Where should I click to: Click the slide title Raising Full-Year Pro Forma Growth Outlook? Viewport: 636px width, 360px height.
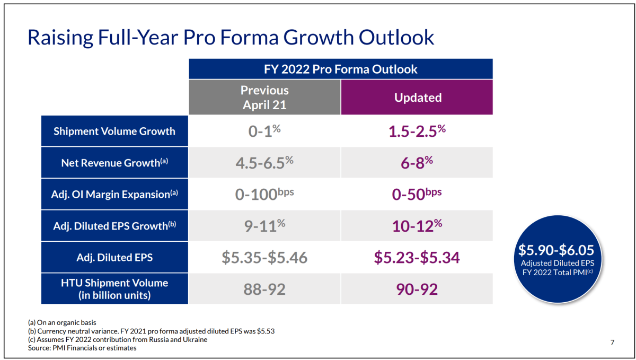(x=231, y=38)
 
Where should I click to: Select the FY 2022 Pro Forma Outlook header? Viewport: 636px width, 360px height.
(x=340, y=69)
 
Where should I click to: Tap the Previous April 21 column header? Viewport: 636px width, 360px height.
(x=264, y=98)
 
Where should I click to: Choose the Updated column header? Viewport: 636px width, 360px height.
(x=417, y=98)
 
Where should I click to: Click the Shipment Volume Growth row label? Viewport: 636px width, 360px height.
(x=114, y=131)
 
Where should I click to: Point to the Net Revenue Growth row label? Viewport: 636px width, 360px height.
(x=114, y=163)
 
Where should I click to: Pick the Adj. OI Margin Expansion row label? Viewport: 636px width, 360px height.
(x=114, y=194)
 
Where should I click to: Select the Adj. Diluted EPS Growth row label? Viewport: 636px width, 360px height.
(x=114, y=226)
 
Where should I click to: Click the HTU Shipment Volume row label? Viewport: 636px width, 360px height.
(x=114, y=289)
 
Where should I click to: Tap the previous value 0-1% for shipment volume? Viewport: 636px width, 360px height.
(x=264, y=131)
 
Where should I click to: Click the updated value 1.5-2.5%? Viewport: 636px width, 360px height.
(x=417, y=131)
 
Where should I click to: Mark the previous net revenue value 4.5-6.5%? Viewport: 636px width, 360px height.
(x=264, y=162)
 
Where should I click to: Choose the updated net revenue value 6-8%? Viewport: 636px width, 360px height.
(x=417, y=162)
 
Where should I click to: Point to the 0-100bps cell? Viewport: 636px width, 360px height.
(x=264, y=194)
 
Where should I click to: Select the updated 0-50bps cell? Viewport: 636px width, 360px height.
(x=417, y=194)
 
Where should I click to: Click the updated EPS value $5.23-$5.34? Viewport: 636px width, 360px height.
(x=417, y=258)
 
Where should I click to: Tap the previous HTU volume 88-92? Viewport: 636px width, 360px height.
(x=264, y=289)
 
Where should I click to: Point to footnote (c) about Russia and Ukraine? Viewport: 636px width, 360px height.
(x=118, y=339)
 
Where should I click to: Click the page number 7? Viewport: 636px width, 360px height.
(x=612, y=343)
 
